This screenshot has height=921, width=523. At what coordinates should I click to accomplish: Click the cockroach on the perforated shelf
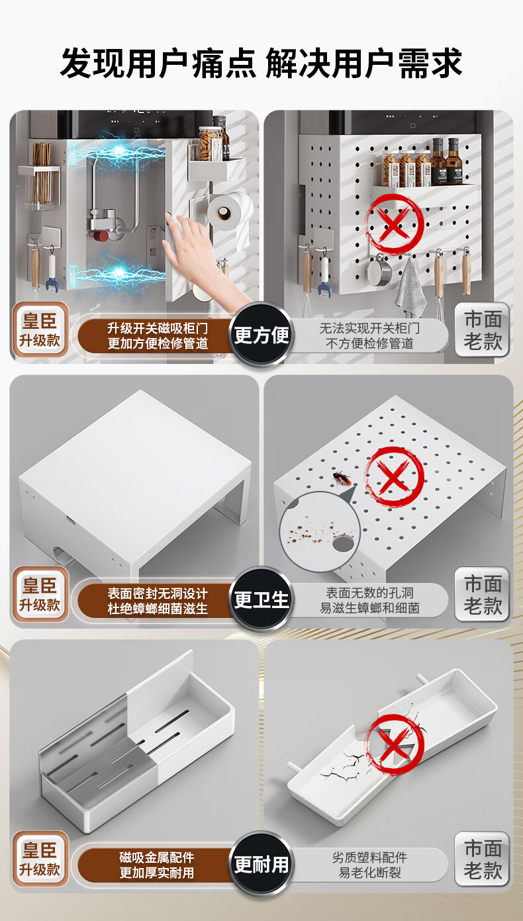pos(342,478)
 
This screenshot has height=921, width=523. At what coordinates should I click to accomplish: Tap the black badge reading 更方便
pos(261,335)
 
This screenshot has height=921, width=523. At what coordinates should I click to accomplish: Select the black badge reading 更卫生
pos(261,599)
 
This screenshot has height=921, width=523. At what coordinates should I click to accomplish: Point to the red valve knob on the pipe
pos(101,236)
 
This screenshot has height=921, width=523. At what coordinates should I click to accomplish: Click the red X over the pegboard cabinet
pos(394,224)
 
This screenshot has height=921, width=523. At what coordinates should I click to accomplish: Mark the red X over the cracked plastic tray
pos(394,744)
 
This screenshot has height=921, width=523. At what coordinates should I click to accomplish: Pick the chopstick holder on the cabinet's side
pos(40,177)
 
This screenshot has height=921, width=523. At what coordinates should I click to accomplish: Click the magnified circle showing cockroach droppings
pos(320,531)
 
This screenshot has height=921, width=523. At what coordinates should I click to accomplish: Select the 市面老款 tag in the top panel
pos(482,329)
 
